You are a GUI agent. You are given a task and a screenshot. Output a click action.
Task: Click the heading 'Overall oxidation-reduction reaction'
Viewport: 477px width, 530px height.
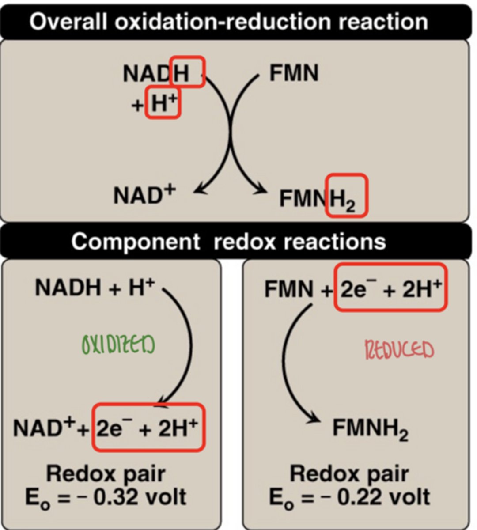point(228,21)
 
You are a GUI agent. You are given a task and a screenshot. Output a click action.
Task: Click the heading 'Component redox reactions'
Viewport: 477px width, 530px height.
point(228,241)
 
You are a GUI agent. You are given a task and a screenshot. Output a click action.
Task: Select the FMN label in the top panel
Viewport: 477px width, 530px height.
point(294,73)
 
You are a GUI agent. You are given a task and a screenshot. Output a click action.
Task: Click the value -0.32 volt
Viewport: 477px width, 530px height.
point(106,497)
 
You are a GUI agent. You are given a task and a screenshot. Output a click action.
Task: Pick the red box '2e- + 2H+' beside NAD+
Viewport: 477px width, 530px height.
point(149,428)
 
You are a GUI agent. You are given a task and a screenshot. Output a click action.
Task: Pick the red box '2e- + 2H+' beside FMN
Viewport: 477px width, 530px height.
point(390,288)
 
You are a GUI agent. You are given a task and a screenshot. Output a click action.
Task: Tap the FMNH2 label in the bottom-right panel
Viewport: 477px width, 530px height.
point(370,428)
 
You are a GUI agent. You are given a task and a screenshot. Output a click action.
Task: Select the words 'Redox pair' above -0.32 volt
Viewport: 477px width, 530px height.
point(106,474)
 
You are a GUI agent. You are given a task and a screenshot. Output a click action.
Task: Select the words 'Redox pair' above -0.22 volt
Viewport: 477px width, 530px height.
point(349,474)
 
